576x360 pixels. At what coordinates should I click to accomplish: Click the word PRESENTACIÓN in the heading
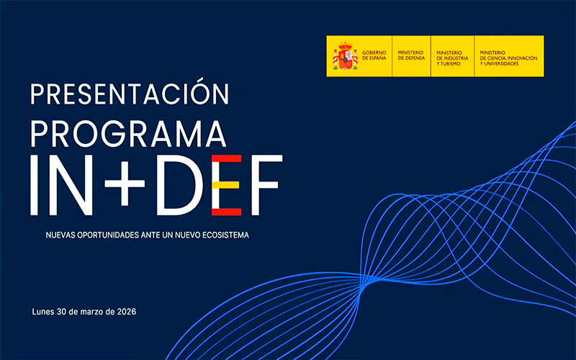pos(130,92)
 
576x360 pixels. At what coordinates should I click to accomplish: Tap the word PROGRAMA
pos(128,134)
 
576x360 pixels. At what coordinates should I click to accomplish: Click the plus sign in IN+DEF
pos(125,185)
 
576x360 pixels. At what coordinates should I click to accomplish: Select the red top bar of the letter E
pos(226,158)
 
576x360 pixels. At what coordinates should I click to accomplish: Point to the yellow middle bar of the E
pos(225,185)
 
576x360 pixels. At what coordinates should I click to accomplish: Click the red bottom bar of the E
pos(226,212)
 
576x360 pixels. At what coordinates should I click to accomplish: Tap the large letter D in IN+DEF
pos(179,185)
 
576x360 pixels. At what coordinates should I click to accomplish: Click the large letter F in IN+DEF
pos(266,185)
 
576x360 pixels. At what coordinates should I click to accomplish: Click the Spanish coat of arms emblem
pos(345,56)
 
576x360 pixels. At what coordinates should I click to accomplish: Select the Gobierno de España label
pos(374,55)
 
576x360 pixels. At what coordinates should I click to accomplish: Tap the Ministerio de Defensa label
pos(411,55)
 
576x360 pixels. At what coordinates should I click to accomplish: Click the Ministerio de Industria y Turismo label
pos(452,58)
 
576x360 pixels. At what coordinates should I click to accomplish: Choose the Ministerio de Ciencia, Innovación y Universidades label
pos(508,58)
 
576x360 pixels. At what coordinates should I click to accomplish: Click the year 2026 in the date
pos(127,312)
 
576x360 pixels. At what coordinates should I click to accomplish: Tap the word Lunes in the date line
pos(42,312)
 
